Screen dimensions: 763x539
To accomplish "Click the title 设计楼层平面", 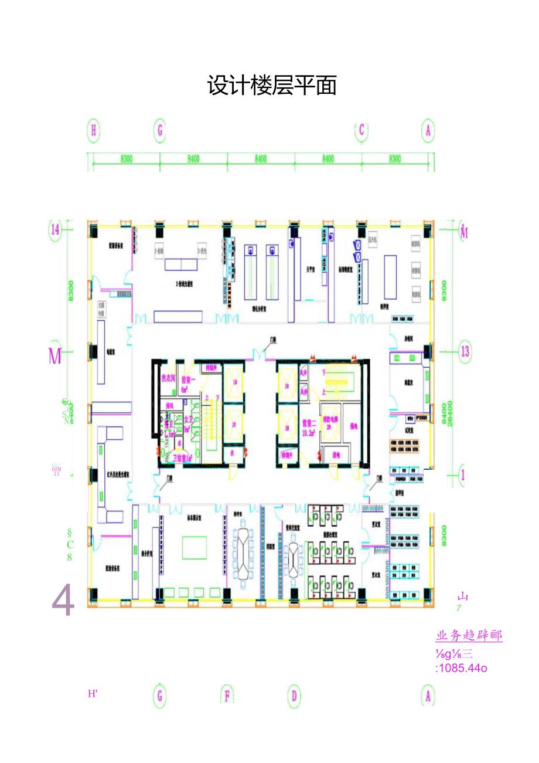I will coord(272,86).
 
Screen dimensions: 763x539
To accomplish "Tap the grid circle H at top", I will coord(93,130).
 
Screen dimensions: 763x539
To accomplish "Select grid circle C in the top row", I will coord(361,130).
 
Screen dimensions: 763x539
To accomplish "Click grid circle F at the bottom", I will coord(227,696).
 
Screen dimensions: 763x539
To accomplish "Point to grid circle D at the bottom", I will coord(294,696).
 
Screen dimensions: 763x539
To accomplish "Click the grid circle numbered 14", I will coord(55,229).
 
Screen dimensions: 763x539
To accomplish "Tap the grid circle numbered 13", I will coord(465,351).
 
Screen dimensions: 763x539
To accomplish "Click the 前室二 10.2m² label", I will coord(309,426).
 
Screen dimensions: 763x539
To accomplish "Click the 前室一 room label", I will coord(187,382).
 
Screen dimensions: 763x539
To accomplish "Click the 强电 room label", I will coord(353,426).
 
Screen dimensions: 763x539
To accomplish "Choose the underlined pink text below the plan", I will coord(469,636).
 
